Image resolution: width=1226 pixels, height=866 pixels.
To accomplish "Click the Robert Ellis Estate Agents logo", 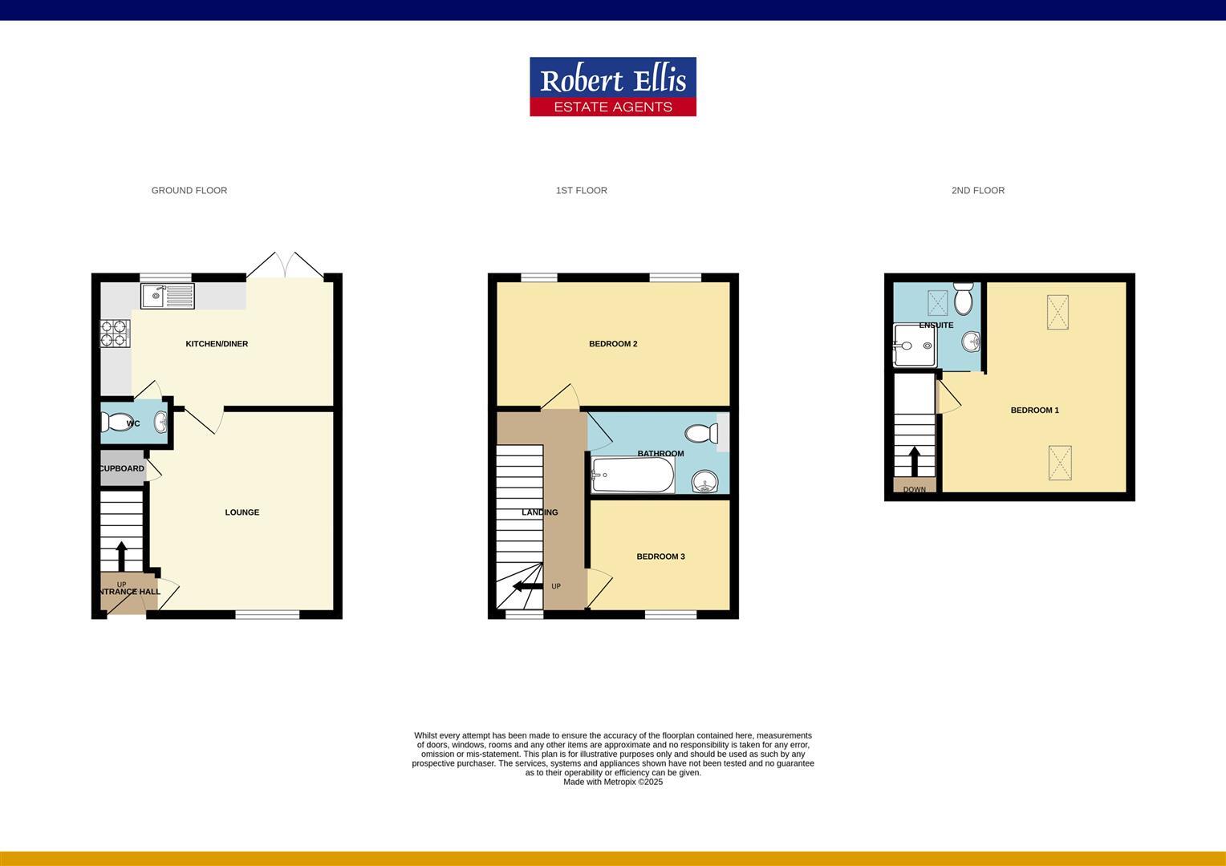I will (x=612, y=87).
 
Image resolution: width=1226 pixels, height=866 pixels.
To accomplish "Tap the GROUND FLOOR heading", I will (x=189, y=191).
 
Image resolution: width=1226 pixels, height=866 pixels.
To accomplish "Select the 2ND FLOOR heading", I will (x=977, y=191).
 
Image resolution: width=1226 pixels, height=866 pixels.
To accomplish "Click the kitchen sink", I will (x=168, y=296).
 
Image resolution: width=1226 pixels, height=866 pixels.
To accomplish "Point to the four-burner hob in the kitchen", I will (x=115, y=334).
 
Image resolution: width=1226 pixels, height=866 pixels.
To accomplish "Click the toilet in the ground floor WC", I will (x=119, y=423).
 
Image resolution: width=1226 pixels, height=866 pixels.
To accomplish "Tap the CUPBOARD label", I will (x=122, y=468).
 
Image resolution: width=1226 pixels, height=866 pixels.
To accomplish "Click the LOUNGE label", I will (x=242, y=512).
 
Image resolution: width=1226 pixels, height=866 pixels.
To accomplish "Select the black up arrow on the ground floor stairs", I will (x=122, y=556).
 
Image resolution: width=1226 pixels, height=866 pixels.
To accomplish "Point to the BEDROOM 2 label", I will (x=613, y=344).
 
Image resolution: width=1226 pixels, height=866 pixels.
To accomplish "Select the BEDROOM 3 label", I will (x=660, y=556).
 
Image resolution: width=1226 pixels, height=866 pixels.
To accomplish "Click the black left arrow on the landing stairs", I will (x=527, y=586).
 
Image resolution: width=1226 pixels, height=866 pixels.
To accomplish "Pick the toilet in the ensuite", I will (x=963, y=299).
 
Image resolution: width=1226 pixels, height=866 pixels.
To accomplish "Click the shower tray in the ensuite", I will (x=914, y=346).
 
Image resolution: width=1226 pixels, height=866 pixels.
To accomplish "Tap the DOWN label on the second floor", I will (x=914, y=490).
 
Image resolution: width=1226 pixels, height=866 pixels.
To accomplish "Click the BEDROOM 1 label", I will (x=1034, y=411).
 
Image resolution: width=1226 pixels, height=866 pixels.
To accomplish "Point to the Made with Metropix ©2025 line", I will (x=613, y=783).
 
